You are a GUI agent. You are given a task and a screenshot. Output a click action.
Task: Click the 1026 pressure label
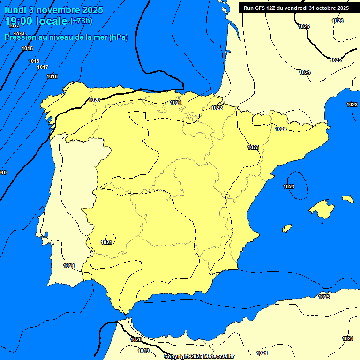tap(337, 21)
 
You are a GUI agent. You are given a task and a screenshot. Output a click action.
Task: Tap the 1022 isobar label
tap(217, 108)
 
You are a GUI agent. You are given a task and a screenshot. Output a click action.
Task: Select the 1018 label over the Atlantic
tap(52, 76)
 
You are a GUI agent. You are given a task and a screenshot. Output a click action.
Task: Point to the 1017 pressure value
tap(43, 67)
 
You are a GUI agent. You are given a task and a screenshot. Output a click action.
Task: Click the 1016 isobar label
tap(34, 61)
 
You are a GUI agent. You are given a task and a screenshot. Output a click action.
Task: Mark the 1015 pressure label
tap(27, 48)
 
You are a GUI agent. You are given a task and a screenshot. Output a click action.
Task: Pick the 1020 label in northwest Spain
tap(94, 100)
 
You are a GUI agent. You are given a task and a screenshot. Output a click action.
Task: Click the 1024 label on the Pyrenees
tap(281, 129)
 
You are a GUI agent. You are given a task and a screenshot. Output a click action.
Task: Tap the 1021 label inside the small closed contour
tap(107, 242)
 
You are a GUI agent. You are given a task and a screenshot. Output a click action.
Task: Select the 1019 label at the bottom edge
tap(143, 351)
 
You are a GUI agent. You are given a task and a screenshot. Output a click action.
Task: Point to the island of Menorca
tap(347, 199)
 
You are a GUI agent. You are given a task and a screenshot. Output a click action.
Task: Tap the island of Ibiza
tap(287, 228)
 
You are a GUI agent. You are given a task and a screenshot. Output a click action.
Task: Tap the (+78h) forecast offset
tap(82, 21)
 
